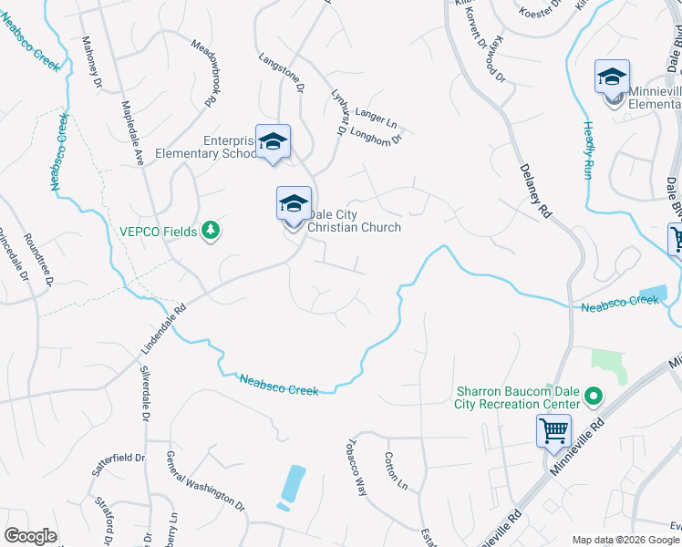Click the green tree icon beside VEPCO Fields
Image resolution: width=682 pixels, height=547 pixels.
[212, 231]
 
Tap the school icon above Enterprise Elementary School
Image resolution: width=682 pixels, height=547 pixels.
[273, 141]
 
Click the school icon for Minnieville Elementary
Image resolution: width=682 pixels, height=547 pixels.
[612, 77]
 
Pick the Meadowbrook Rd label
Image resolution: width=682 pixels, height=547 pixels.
[207, 67]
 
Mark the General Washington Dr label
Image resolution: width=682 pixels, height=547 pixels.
[205, 480]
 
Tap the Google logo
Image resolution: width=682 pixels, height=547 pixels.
[31, 536]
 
